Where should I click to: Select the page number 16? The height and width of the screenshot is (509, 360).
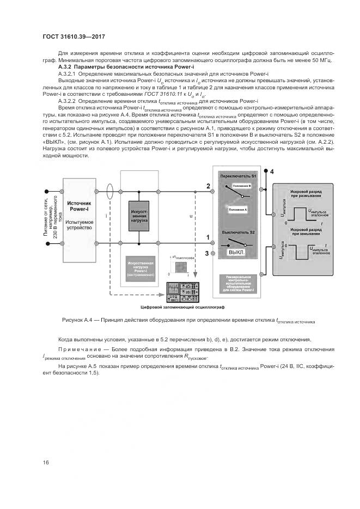click(x=45, y=462)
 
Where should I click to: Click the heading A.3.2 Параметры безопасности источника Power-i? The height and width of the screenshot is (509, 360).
click(x=115, y=66)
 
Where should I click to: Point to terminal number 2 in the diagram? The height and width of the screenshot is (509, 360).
click(x=208, y=187)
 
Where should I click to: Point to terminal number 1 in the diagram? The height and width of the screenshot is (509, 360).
click(x=208, y=237)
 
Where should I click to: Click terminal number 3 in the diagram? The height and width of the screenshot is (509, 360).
click(x=207, y=253)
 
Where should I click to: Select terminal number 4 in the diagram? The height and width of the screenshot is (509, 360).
click(x=272, y=173)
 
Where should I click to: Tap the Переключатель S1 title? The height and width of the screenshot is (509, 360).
click(x=240, y=177)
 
